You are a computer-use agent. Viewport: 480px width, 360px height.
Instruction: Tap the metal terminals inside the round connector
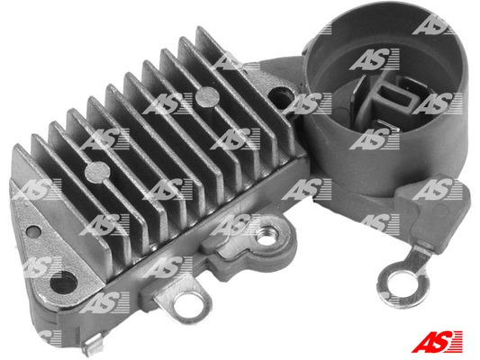(391, 97)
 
